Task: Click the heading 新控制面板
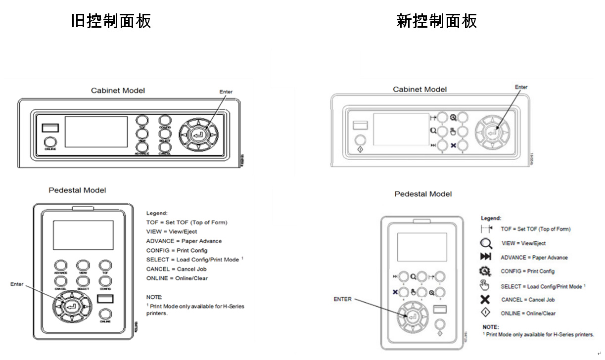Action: point(436,21)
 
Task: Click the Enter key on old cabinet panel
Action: point(198,133)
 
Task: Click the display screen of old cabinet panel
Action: point(96,132)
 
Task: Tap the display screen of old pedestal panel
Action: point(83,235)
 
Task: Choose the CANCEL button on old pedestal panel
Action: point(60,281)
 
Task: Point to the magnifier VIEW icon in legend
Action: point(486,243)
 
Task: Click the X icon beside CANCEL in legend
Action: point(485,299)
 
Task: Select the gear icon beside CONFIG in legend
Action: point(485,271)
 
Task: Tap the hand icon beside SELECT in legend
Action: point(485,285)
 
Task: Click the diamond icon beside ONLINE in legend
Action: point(485,313)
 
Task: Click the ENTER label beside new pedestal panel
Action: point(342,299)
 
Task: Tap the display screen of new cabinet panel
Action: point(401,129)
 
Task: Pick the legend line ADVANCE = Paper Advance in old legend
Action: point(184,241)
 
